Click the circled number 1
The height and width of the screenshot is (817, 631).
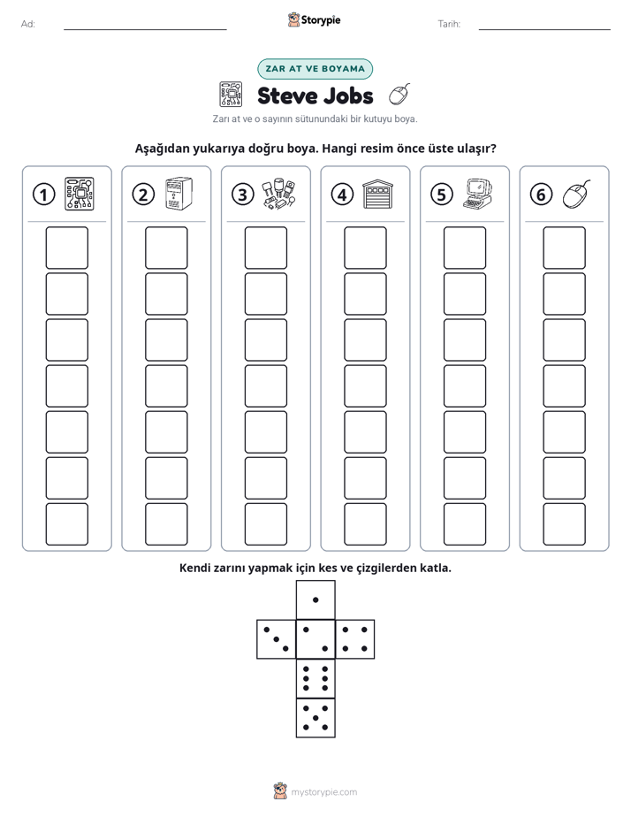pos(43,195)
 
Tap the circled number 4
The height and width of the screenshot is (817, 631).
pos(342,195)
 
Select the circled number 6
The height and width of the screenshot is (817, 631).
pos(541,195)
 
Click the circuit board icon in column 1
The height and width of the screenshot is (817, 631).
pos(80,194)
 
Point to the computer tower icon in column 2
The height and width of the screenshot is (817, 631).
pos(179,194)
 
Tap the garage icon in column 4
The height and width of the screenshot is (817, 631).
pos(378,195)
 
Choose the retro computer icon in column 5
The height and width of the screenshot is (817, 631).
pos(477,194)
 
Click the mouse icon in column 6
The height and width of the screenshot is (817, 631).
pos(577,194)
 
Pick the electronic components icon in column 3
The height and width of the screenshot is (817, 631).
pos(278,194)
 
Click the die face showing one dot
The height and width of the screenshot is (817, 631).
pos(315,599)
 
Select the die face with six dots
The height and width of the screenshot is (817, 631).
pos(315,678)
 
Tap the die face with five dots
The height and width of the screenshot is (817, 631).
pos(315,717)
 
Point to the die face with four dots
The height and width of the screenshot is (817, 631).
pos(355,639)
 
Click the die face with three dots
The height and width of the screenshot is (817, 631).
pos(277,639)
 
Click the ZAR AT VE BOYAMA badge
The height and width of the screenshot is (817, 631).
pos(315,69)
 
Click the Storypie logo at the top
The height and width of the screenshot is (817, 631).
pos(314,19)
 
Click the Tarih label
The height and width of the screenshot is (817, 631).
pos(449,24)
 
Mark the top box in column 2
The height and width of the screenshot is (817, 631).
pos(166,248)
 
